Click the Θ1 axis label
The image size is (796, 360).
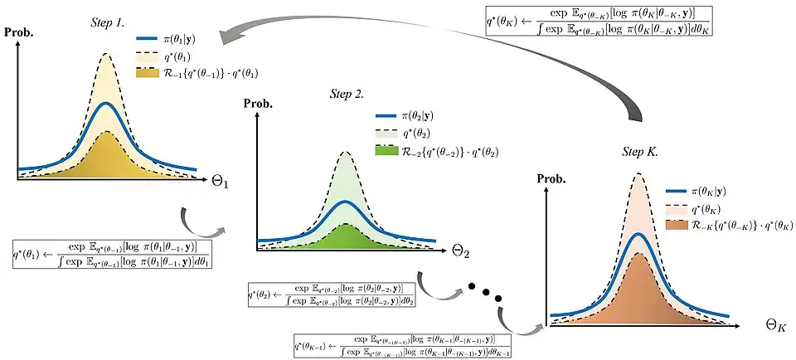click(219, 180)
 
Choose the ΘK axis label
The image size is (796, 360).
click(775, 325)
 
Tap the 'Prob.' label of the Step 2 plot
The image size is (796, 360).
click(258, 105)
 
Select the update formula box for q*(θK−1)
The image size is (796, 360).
click(402, 345)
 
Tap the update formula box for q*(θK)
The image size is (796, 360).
click(601, 20)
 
